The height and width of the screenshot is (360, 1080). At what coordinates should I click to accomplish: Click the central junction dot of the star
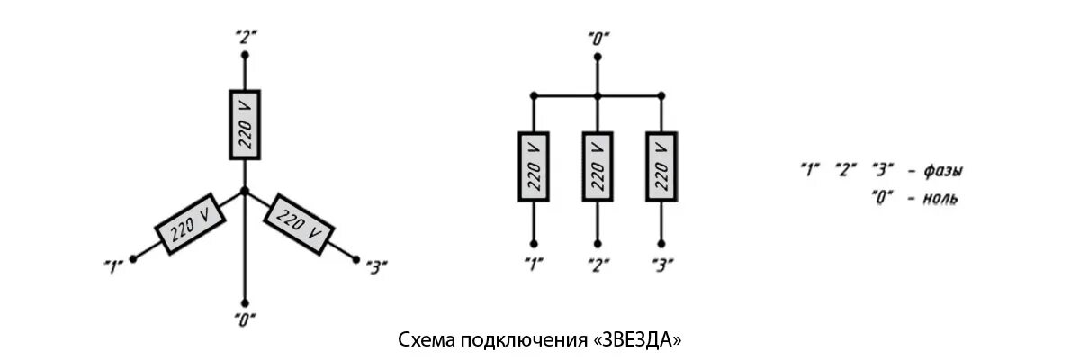[x=245, y=191]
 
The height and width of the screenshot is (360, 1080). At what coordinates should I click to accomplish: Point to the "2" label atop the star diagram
[x=245, y=37]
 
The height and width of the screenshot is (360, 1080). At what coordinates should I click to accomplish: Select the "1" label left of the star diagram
[x=113, y=265]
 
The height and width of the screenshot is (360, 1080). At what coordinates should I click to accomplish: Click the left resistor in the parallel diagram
[x=533, y=167]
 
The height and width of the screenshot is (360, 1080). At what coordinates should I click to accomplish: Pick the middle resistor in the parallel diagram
[x=597, y=167]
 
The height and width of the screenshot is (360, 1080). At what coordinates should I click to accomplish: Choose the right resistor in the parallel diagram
[x=661, y=167]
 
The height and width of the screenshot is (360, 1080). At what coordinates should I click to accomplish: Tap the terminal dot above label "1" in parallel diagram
[x=533, y=242]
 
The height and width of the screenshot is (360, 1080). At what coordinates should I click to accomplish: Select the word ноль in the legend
[x=940, y=197]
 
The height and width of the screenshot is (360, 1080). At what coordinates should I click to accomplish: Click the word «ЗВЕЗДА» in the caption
[x=638, y=341]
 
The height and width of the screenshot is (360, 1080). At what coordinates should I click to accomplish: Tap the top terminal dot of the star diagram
[x=245, y=54]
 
